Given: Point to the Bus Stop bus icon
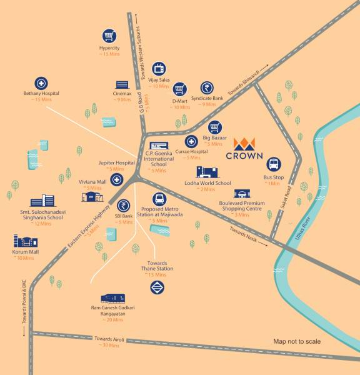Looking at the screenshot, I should point(273,165).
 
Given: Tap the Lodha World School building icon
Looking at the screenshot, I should point(208,172).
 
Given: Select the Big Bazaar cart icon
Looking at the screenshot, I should point(214,127).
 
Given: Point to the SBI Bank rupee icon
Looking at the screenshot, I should point(124,206).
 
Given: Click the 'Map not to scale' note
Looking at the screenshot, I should point(297,341).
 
